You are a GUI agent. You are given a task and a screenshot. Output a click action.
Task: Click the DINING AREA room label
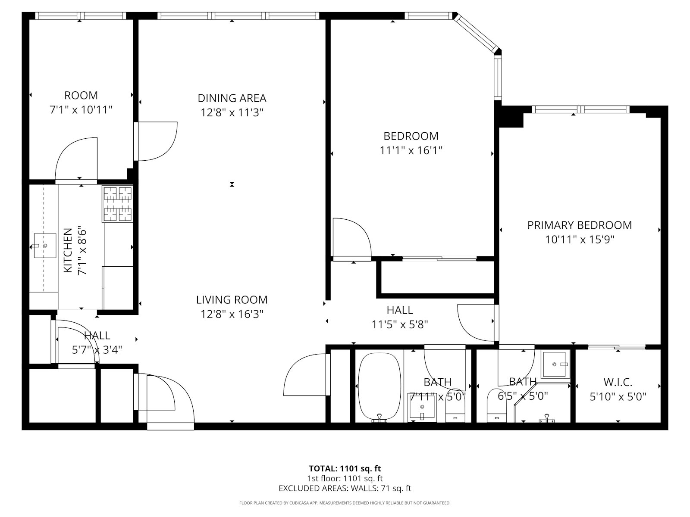[x=232, y=98]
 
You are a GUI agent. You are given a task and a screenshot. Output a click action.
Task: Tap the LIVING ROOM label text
[x=232, y=300]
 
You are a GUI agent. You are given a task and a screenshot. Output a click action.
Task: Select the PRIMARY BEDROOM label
[x=579, y=225]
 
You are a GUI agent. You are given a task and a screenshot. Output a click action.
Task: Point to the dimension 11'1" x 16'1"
[x=411, y=151]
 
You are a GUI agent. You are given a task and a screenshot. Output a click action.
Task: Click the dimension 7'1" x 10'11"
[x=81, y=110]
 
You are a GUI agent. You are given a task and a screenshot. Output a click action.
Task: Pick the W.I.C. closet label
[x=618, y=382]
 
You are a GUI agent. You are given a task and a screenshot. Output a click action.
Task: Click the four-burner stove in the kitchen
[x=118, y=204]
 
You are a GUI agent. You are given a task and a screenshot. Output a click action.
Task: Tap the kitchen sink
[x=45, y=246]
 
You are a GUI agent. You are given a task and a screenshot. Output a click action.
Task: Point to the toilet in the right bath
[x=496, y=405]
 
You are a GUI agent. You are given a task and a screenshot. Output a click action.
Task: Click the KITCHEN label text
[x=68, y=250]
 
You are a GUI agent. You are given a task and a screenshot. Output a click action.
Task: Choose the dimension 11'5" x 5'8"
[x=400, y=324]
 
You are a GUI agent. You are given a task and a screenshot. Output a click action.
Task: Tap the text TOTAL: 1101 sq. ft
[x=345, y=469]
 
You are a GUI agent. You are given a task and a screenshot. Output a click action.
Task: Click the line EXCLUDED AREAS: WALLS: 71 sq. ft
[x=345, y=489]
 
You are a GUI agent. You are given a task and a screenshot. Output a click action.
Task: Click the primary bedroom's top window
[x=580, y=109]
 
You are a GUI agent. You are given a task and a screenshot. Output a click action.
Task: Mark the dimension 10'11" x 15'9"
[x=579, y=240]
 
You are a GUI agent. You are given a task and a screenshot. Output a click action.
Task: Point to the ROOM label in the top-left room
[x=81, y=95]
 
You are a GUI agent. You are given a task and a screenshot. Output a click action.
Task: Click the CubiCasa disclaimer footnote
[x=345, y=503]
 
